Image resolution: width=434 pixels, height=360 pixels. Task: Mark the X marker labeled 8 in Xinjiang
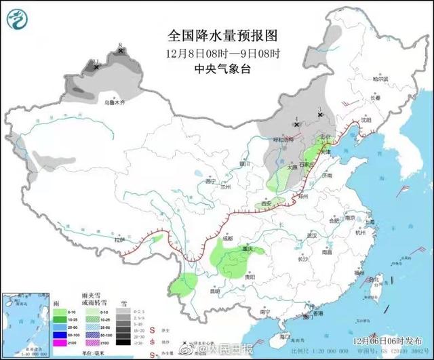[x=121, y=50]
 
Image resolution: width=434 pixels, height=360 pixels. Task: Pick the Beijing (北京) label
[x=327, y=137]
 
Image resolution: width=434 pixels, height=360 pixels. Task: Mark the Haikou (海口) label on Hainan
[x=285, y=336]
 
